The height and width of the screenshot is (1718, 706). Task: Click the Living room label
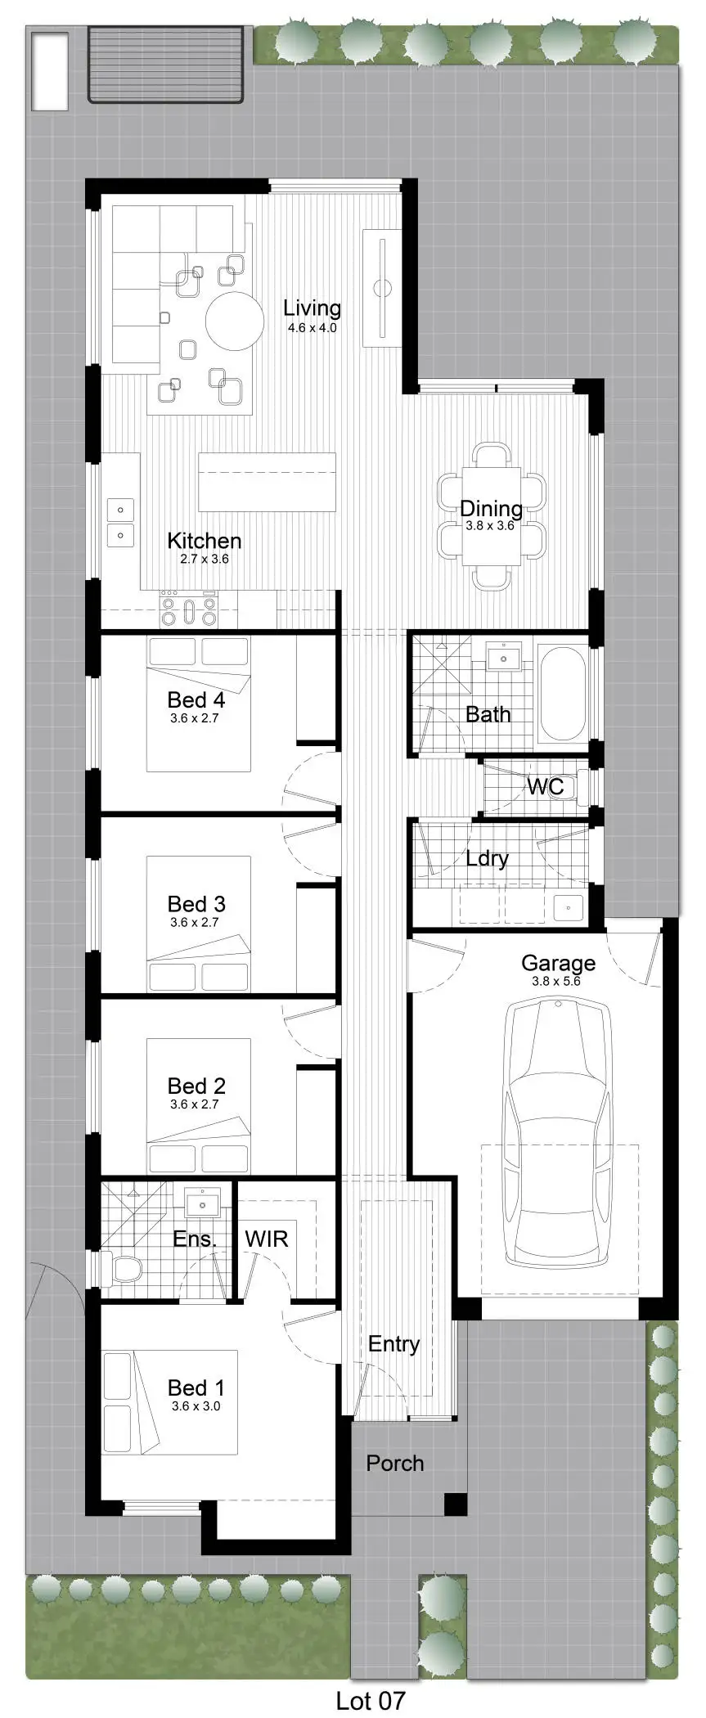pyautogui.click(x=312, y=308)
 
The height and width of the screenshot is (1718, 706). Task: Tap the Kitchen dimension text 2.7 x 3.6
pyautogui.click(x=205, y=560)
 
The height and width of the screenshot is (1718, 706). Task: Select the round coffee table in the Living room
pyautogui.click(x=235, y=321)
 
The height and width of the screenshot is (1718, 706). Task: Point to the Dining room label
pyautogui.click(x=491, y=509)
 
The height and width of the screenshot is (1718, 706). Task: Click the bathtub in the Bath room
pyautogui.click(x=562, y=694)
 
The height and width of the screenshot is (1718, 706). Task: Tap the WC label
pyautogui.click(x=545, y=787)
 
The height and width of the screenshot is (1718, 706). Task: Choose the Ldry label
pyautogui.click(x=487, y=859)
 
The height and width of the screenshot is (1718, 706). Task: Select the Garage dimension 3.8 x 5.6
pyautogui.click(x=556, y=981)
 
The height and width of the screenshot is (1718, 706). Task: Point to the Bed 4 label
pyautogui.click(x=196, y=700)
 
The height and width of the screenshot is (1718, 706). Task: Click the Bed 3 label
pyautogui.click(x=196, y=904)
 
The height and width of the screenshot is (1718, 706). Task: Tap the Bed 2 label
pyautogui.click(x=196, y=1086)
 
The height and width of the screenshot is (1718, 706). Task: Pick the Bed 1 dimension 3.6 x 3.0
pyautogui.click(x=196, y=1405)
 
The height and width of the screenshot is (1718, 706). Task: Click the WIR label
pyautogui.click(x=266, y=1239)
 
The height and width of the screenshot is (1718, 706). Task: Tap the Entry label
pyautogui.click(x=393, y=1344)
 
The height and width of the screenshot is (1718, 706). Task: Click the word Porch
pyautogui.click(x=394, y=1463)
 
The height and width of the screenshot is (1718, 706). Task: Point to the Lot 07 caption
pyautogui.click(x=371, y=1701)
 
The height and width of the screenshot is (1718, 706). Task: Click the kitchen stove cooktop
pyautogui.click(x=189, y=610)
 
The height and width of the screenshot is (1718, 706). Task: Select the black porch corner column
pyautogui.click(x=455, y=1504)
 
